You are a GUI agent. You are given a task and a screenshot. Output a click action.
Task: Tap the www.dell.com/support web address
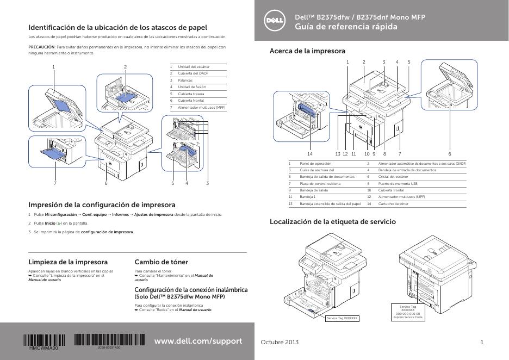coord(198,341)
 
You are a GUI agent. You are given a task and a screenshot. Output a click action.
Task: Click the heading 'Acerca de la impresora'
coord(307,51)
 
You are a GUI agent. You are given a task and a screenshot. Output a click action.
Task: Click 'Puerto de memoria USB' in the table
coord(398,184)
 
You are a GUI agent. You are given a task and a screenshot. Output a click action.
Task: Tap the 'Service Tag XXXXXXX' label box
coord(343,318)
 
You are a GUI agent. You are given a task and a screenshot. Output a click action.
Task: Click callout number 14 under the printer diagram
coord(310,154)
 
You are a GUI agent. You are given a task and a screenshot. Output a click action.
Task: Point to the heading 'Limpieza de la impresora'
coord(67,262)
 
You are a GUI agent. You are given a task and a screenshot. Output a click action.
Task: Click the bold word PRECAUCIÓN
coord(41,47)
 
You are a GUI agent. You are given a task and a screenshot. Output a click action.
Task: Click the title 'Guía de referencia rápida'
coord(346,27)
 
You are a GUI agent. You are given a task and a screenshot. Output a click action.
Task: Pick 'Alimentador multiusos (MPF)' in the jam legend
coord(201,107)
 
